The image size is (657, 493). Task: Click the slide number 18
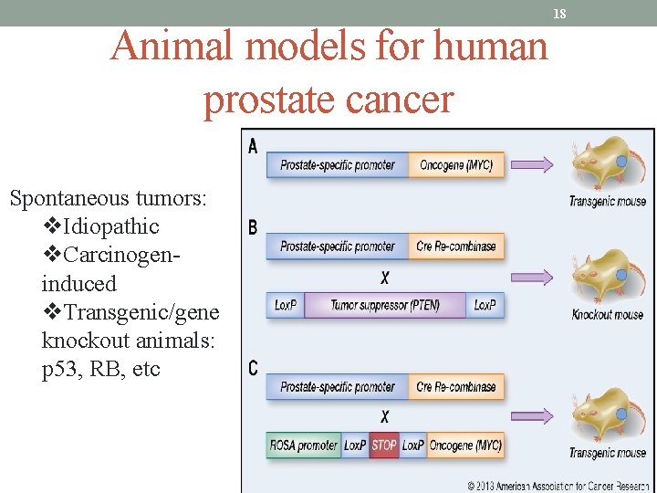(x=560, y=13)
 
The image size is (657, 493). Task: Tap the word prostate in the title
(x=266, y=99)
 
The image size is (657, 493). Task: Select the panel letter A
(x=253, y=146)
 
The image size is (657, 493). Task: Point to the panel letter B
(x=253, y=227)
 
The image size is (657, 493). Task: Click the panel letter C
(x=253, y=369)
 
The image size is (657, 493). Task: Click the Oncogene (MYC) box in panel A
(x=456, y=165)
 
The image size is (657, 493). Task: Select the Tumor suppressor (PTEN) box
(x=384, y=305)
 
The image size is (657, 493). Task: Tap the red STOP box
(x=384, y=446)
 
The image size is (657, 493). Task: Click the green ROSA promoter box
(x=304, y=446)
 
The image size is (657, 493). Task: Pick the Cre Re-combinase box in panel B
(x=456, y=246)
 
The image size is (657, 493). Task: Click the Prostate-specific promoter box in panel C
(x=337, y=387)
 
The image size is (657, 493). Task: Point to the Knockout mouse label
(x=608, y=315)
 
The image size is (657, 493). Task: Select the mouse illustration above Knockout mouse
(x=605, y=276)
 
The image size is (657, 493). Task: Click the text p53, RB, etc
(x=100, y=369)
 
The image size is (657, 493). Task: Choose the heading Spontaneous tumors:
(x=108, y=198)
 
